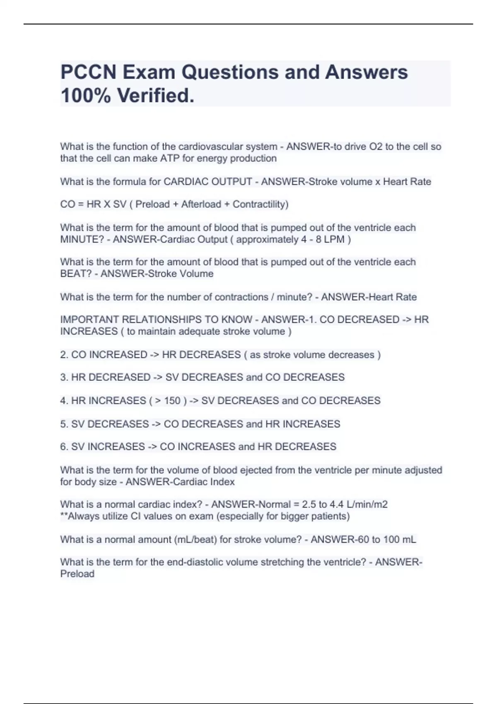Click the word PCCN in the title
[x=89, y=72]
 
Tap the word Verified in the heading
[x=155, y=96]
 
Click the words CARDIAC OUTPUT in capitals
[x=208, y=182]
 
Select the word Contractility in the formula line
[x=260, y=204]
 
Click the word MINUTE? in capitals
[x=82, y=239]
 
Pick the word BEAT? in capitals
[x=76, y=274]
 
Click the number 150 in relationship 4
[x=172, y=401]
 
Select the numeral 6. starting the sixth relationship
[x=64, y=447]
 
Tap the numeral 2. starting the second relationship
[x=64, y=355]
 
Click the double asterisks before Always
[x=63, y=516]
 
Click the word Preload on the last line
[x=77, y=574]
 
